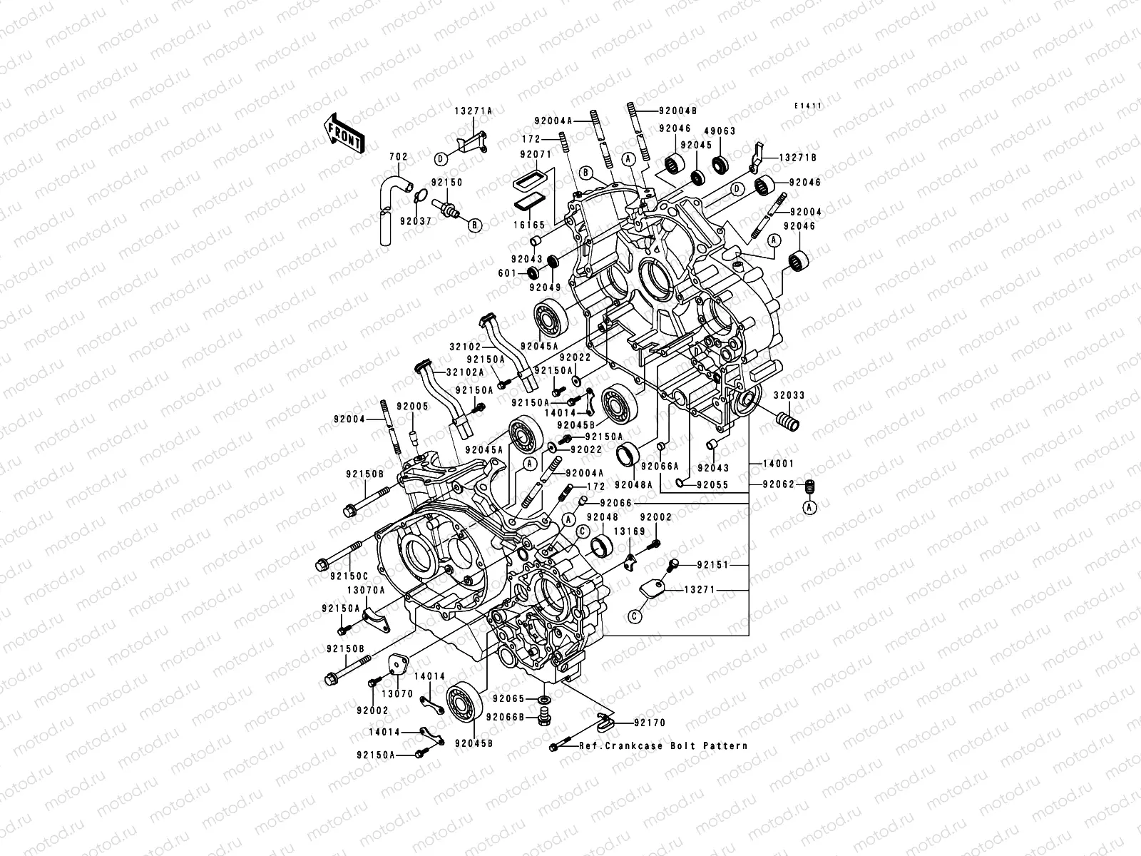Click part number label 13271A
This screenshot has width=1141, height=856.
[474, 111]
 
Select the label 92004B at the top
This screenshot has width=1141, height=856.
[677, 111]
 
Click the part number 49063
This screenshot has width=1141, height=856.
[720, 131]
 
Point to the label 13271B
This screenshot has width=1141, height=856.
[798, 157]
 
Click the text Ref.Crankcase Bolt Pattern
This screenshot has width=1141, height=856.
[663, 745]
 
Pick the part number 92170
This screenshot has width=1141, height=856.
[649, 723]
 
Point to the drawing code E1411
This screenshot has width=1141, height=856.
[809, 106]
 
